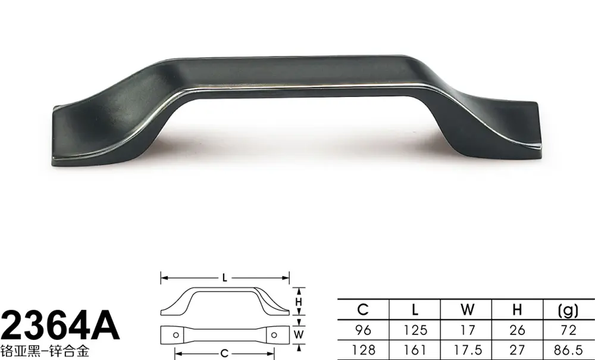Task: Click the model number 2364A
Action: click(60, 325)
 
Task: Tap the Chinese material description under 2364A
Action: click(45, 351)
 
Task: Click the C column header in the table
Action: click(363, 309)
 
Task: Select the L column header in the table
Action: click(415, 309)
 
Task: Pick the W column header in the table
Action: click(467, 309)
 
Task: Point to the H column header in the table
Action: click(517, 309)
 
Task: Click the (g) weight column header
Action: click(568, 310)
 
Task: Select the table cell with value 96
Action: click(363, 330)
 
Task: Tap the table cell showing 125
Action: click(415, 330)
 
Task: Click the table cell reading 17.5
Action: click(467, 350)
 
